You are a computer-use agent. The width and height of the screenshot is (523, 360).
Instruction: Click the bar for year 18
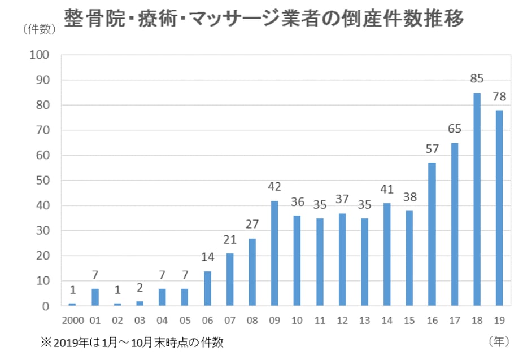click(x=477, y=199)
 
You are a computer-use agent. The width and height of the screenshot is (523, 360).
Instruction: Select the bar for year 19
click(x=499, y=208)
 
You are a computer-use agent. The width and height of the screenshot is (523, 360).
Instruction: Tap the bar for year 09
click(x=274, y=253)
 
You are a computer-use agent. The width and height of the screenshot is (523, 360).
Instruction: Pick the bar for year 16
click(x=432, y=234)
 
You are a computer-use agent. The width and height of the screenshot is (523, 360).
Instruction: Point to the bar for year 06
click(x=207, y=288)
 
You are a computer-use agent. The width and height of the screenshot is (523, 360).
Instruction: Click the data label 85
click(x=477, y=78)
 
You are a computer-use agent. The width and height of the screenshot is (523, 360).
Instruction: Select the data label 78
click(x=499, y=96)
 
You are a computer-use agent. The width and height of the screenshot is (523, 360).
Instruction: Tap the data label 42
click(x=274, y=187)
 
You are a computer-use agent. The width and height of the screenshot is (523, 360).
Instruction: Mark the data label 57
click(x=432, y=149)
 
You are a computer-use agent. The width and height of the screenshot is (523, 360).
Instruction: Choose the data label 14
click(x=207, y=257)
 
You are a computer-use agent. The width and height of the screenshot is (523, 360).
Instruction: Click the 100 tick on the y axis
click(x=43, y=55)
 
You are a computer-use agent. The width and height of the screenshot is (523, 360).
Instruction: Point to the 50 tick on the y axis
click(x=45, y=181)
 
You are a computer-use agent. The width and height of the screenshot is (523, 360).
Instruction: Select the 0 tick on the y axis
click(x=48, y=306)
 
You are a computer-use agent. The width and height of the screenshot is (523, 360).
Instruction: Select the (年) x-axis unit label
click(x=499, y=341)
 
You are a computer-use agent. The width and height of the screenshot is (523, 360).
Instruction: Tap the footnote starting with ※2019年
click(x=132, y=342)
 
